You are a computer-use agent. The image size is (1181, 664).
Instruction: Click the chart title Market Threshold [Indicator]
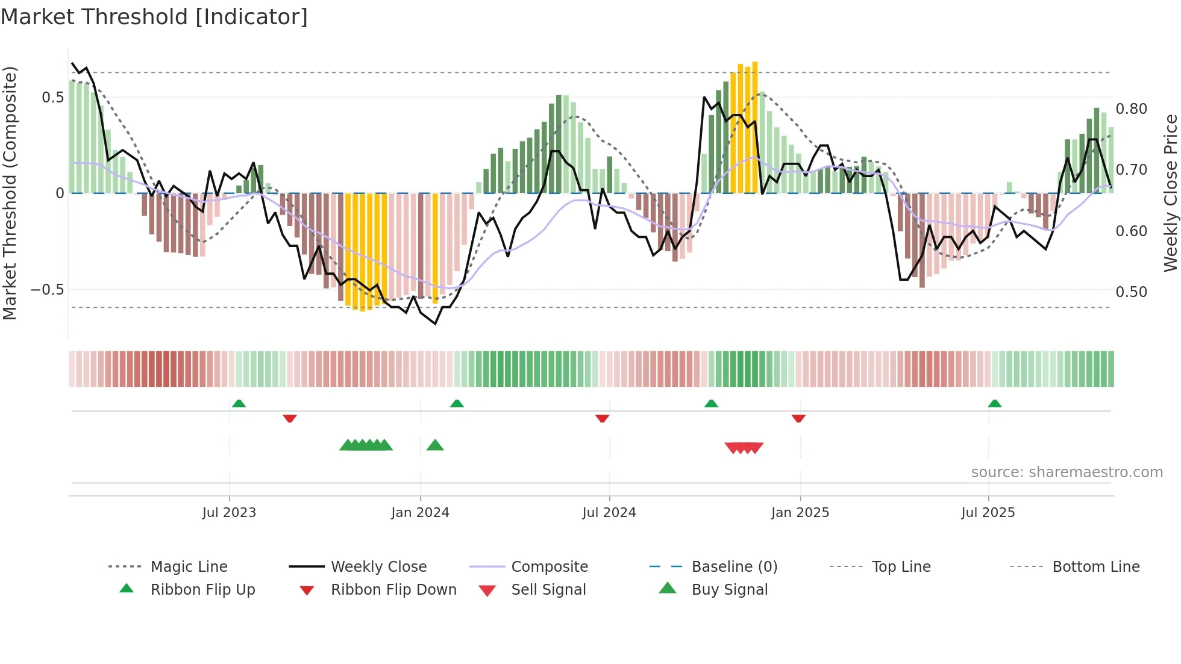click(154, 17)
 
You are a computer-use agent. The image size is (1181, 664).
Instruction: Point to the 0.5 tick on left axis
click(52, 98)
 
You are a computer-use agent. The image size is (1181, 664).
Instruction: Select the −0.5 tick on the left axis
click(47, 290)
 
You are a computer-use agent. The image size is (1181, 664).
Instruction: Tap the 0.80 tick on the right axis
click(1131, 109)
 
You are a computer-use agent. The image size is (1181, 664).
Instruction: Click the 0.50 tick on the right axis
click(1131, 292)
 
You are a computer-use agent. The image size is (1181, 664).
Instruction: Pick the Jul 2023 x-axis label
click(229, 513)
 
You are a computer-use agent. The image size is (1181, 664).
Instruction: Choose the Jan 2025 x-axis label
click(800, 513)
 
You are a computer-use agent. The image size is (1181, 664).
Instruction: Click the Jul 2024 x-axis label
click(609, 513)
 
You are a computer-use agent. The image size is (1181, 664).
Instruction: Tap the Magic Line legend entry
click(189, 567)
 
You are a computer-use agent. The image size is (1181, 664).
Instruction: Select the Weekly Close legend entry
click(378, 567)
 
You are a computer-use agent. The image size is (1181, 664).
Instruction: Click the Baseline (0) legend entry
click(734, 567)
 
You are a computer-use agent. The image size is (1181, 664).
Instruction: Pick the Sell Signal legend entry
click(548, 590)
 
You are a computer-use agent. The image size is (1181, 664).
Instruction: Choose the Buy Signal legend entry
click(729, 590)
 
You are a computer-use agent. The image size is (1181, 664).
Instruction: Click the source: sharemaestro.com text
click(1067, 472)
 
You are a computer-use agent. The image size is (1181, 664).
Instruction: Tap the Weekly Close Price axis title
click(1170, 193)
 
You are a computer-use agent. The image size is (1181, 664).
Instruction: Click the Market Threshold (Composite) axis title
click(10, 193)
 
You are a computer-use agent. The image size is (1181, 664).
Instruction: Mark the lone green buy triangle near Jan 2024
click(435, 445)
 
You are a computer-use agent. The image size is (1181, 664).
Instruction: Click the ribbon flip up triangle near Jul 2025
click(994, 404)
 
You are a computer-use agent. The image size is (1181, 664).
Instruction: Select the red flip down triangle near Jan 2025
click(798, 418)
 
